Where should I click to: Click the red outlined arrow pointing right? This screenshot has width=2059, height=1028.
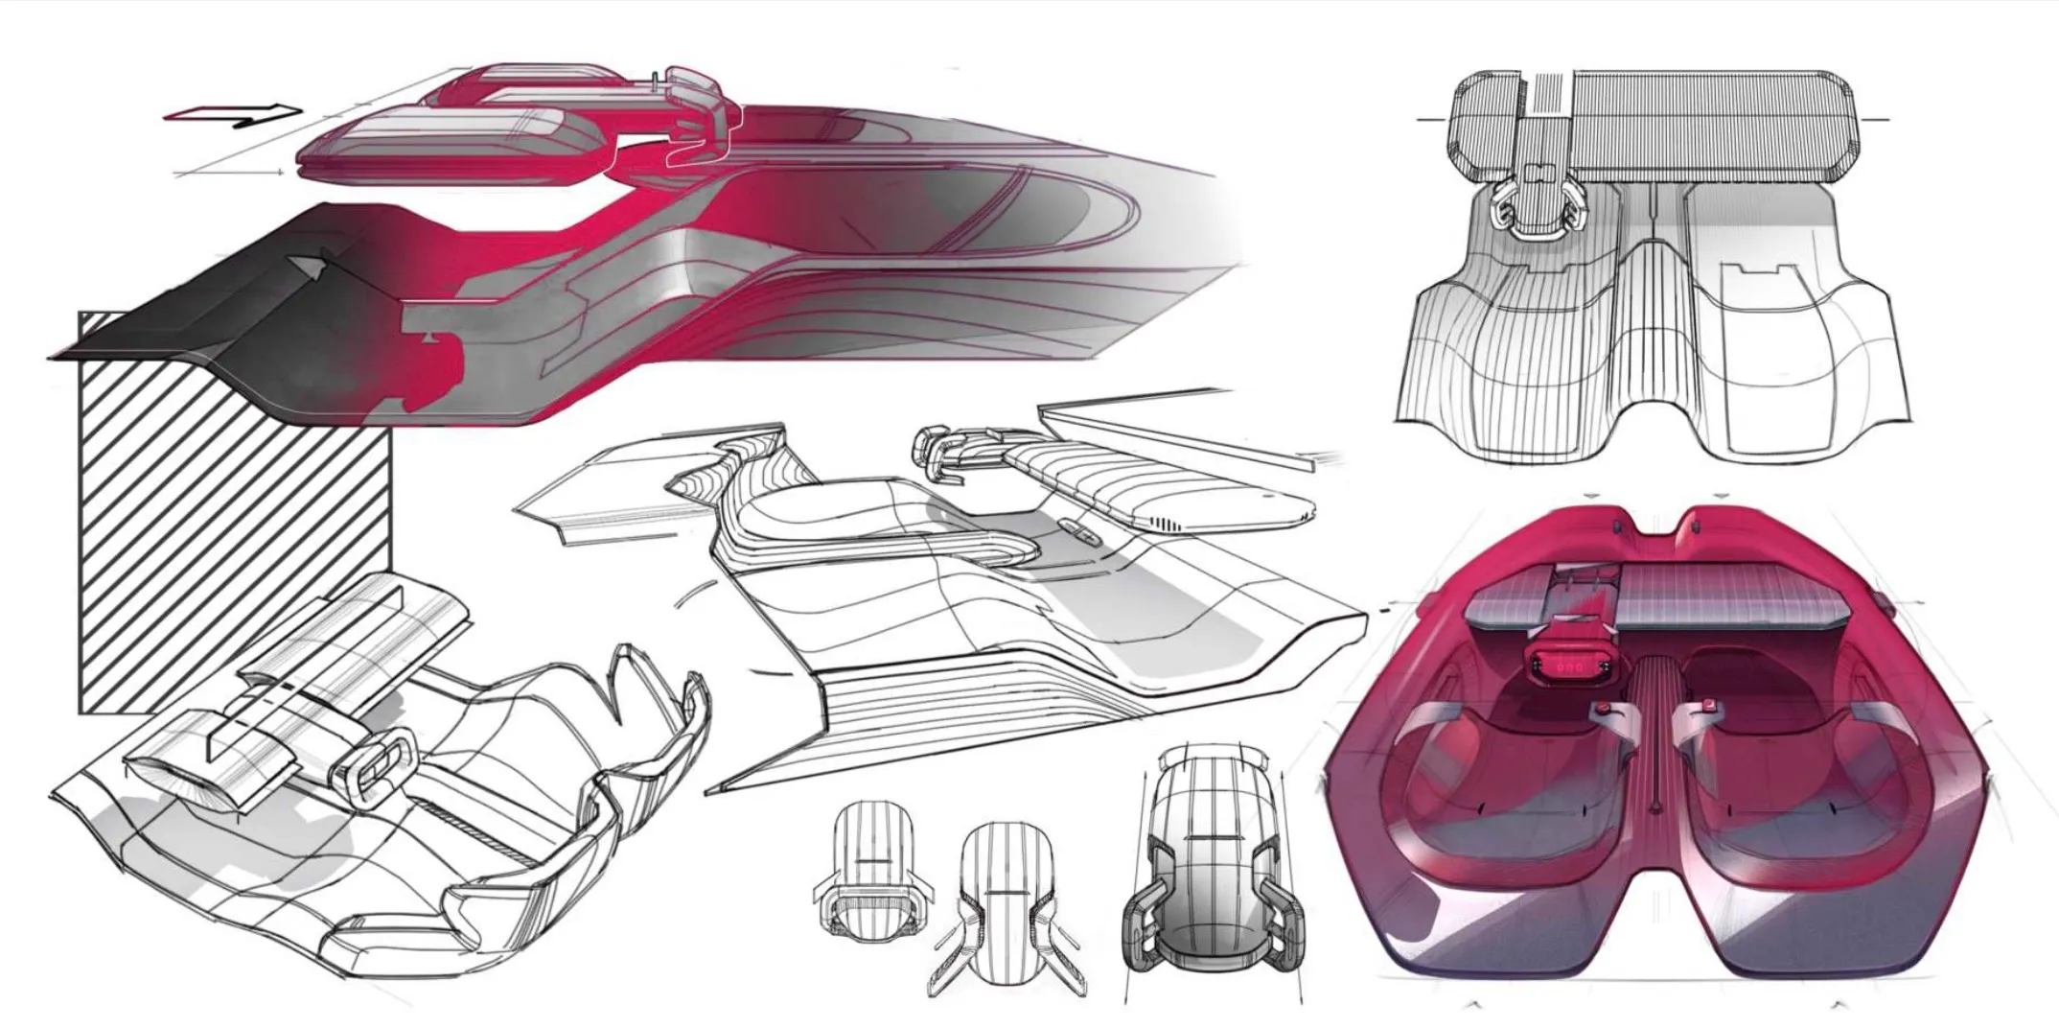(234, 114)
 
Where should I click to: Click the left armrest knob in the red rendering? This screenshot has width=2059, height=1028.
(1602, 712)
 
